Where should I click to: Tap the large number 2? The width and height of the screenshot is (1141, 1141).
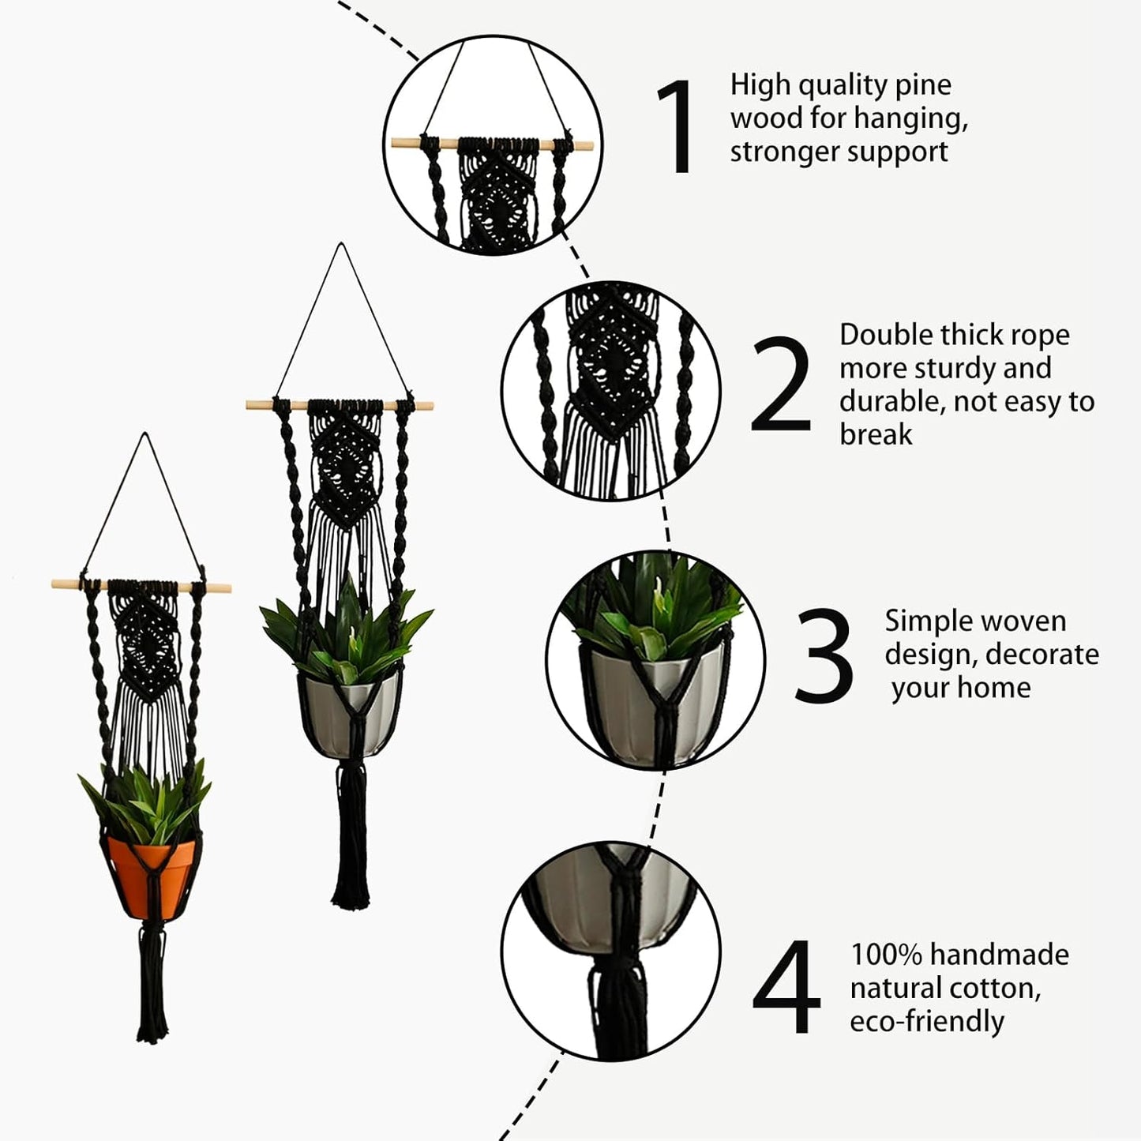tap(780, 385)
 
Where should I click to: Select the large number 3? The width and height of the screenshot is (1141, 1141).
tap(824, 655)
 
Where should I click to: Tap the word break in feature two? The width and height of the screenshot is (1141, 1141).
tap(876, 434)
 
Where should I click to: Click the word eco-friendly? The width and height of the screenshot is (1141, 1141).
tap(927, 1021)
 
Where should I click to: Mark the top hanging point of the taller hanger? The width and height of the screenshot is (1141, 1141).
tap(341, 245)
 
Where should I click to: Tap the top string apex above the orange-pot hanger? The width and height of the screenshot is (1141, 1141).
tap(145, 434)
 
